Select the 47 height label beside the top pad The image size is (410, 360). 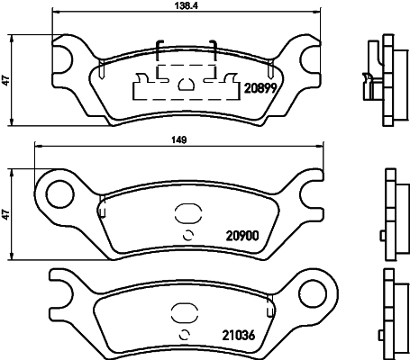point(6,80)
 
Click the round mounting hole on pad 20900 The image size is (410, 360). point(59,191)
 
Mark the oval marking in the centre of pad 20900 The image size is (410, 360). point(188,215)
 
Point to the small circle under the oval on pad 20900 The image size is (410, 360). point(188,236)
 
